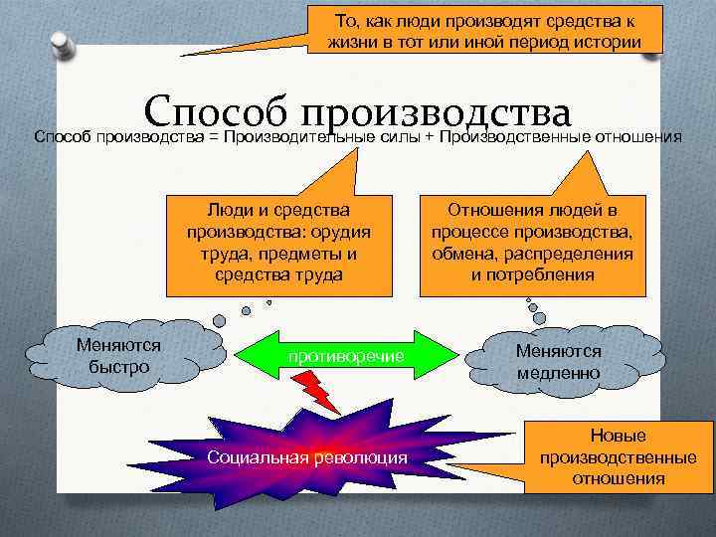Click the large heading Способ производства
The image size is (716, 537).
[x=358, y=110]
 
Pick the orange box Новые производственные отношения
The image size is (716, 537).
[x=618, y=457]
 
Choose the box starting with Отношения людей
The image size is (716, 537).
[x=532, y=243]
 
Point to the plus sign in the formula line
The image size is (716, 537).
[x=430, y=136]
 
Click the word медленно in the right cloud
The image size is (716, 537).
[x=558, y=373]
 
